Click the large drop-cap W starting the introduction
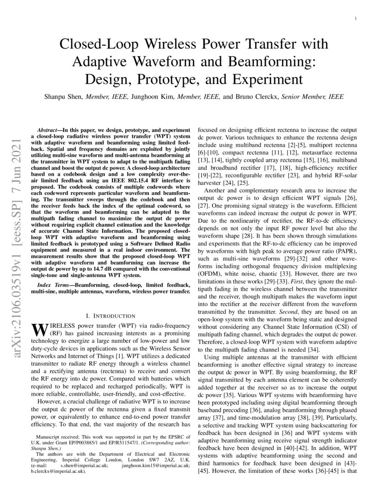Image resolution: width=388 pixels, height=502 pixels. pos(40,329)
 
